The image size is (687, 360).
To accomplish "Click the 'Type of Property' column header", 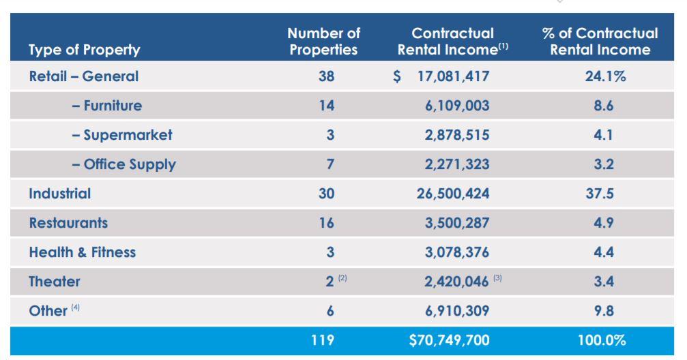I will (x=85, y=50).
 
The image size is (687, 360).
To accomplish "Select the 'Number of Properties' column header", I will (x=323, y=42).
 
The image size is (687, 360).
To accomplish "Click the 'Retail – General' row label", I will (x=83, y=76).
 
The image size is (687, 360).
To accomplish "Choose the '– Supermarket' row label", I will (x=121, y=135).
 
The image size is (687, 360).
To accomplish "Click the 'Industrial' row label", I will (x=59, y=194).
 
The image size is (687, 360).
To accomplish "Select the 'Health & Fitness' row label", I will (x=82, y=252).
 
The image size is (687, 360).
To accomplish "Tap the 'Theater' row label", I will (x=54, y=282).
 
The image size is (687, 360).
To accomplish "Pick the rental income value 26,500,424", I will (x=453, y=194).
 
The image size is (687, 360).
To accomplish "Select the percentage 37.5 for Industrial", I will (x=603, y=194).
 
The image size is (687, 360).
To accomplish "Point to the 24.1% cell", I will (x=604, y=76).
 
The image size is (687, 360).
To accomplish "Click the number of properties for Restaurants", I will (x=326, y=223).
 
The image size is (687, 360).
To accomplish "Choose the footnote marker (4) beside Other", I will (x=75, y=308).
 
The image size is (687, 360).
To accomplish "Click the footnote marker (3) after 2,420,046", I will (x=497, y=279).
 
